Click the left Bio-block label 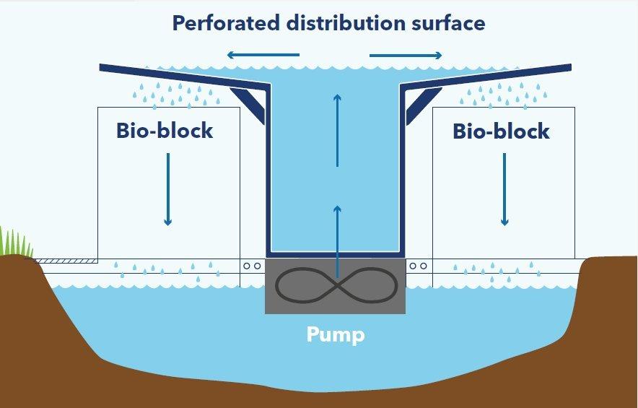(x=165, y=131)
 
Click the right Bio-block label (x=501, y=131)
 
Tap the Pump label (x=335, y=335)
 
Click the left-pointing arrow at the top (x=262, y=55)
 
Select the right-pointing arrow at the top (x=406, y=55)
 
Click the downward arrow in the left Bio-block (x=168, y=188)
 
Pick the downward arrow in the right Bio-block (x=504, y=188)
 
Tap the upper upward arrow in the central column (x=336, y=130)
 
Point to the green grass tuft (x=15, y=243)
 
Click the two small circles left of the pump (x=252, y=266)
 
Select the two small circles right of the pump (x=418, y=266)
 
